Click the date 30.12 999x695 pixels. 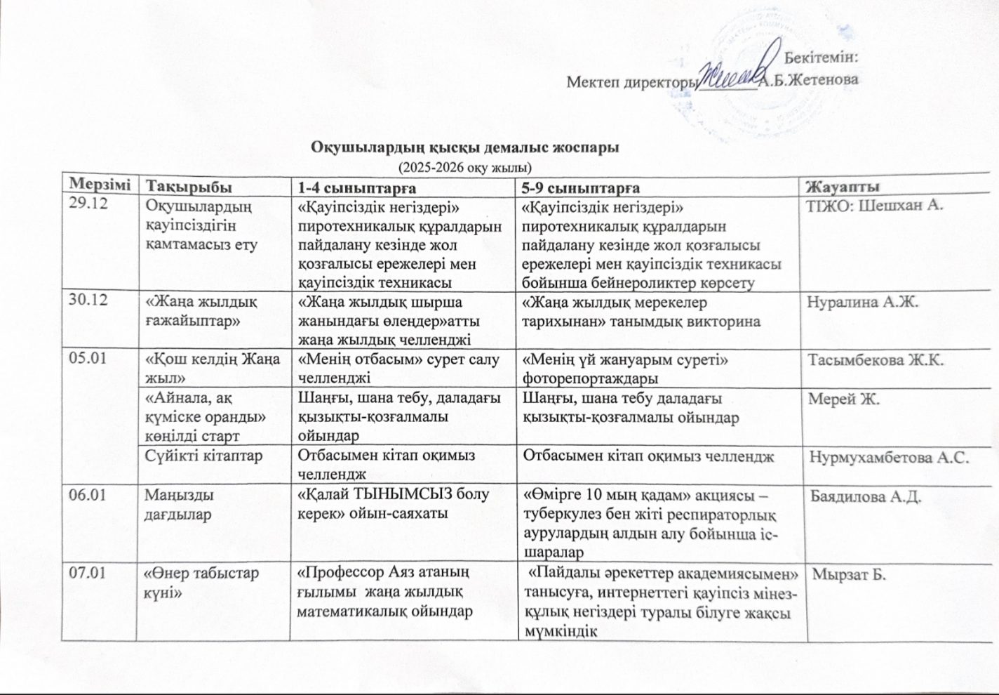point(87,300)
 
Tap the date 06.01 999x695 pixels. point(87,494)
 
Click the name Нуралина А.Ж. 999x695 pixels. point(862,302)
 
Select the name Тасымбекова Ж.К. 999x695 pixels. point(876,361)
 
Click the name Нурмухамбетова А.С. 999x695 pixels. point(889,458)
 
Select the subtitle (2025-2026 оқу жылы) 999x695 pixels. point(464,167)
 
